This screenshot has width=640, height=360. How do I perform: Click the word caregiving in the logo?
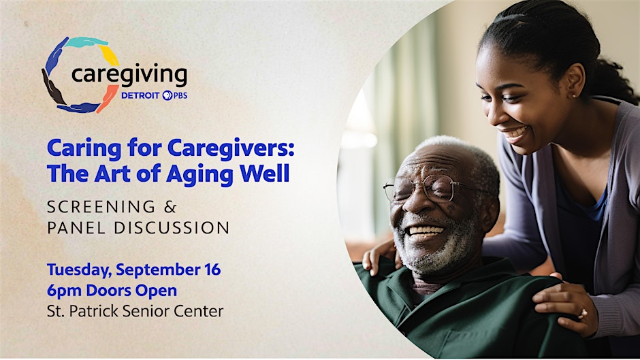(129, 75)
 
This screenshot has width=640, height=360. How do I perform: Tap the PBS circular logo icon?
(167, 95)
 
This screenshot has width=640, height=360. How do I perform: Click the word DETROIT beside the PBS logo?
(140, 95)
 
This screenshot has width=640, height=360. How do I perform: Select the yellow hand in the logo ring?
(109, 55)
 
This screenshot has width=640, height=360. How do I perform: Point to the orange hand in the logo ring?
(107, 99)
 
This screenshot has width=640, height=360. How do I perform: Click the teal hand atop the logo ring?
(86, 42)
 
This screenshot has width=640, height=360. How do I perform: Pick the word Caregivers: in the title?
(231, 148)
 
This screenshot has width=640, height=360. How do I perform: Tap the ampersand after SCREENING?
(170, 207)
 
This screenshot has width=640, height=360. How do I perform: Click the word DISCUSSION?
(172, 228)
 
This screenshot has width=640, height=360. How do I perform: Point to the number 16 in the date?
(212, 269)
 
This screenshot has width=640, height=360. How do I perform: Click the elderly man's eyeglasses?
(424, 188)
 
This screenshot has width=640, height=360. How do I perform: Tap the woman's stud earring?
(573, 96)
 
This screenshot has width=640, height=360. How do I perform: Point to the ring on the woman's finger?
(582, 314)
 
